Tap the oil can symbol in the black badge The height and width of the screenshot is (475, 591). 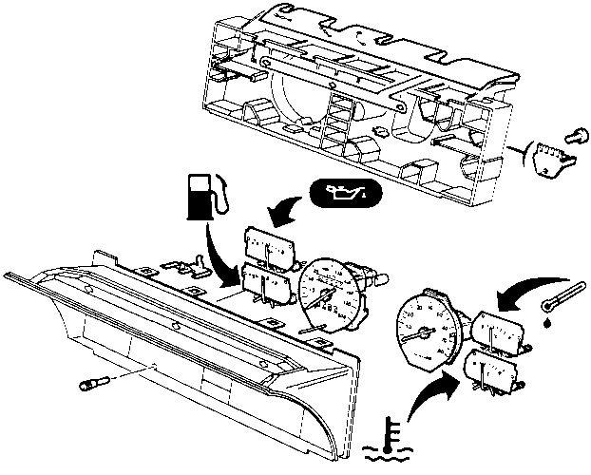click(345, 196)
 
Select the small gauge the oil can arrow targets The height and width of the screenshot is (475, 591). click(269, 244)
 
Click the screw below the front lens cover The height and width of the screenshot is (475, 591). click(91, 385)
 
